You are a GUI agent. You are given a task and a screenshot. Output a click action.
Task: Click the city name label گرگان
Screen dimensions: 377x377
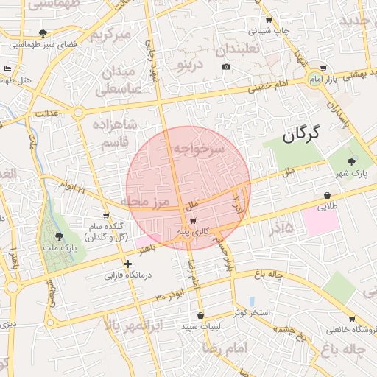coord(303,133)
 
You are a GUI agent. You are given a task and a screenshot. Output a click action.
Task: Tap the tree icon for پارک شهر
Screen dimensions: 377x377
coord(350,162)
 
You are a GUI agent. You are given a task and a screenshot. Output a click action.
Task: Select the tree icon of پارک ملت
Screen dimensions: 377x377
coord(59,236)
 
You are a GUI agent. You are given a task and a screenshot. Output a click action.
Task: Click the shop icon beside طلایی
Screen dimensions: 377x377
coord(326,196)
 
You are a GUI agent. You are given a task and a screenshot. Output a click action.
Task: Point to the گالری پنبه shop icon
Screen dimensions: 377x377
coord(193,220)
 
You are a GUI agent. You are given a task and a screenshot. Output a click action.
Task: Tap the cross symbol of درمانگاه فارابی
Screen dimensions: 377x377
coord(128,264)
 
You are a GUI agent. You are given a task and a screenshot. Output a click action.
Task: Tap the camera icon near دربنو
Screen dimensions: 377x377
coord(226,67)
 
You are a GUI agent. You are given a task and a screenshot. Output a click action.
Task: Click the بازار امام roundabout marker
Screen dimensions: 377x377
coord(315,79)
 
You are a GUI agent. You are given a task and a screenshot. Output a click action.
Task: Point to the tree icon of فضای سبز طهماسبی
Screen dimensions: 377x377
coord(43,33)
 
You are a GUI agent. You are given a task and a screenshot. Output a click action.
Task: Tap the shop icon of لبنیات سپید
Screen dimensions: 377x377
coord(200,315)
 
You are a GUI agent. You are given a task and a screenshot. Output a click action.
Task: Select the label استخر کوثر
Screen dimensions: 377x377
coord(253,313)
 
